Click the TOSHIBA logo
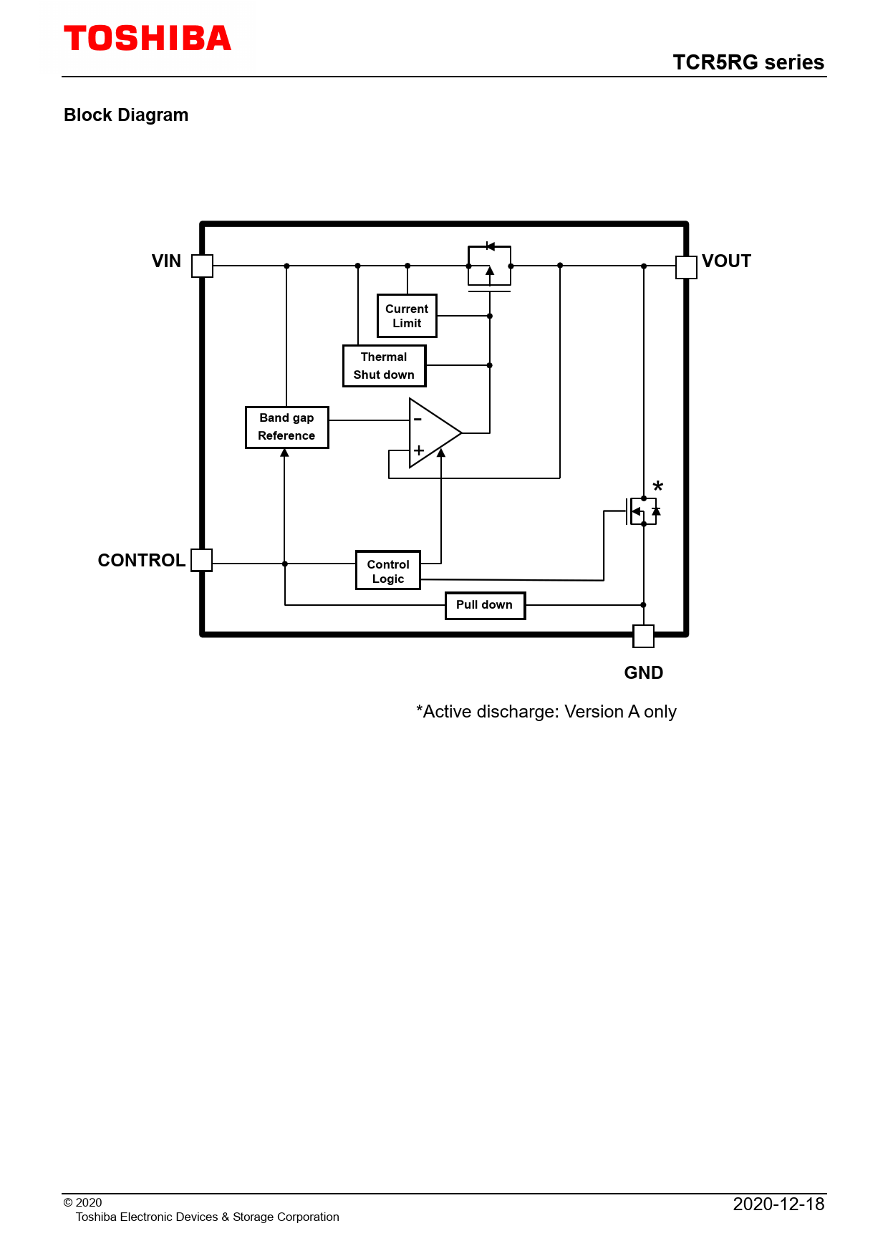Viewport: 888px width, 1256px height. coord(148,39)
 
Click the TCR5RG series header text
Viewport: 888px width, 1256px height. coord(748,62)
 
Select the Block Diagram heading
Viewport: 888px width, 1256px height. coord(126,115)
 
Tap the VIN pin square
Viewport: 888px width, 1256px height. coord(203,266)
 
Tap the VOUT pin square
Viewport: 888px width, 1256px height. coord(686,266)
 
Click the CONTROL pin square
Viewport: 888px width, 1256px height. coord(202,560)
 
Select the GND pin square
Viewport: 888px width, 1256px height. coord(644,636)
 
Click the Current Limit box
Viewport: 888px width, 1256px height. coord(407,316)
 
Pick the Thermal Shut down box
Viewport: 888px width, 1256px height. coord(384,366)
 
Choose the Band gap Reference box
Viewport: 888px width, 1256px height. coord(286,427)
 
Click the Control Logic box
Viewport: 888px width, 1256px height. coord(388,571)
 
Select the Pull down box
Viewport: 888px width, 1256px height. coord(485,605)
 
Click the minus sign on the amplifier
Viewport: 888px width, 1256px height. coord(418,419)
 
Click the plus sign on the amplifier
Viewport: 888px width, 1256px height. coord(419,450)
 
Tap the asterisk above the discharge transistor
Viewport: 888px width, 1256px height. coord(658,487)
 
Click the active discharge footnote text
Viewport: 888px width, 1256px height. coord(546,712)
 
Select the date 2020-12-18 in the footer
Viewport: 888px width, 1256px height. coord(778,1204)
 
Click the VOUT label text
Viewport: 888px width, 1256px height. coord(726,261)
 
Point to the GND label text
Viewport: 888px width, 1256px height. coord(644,673)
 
